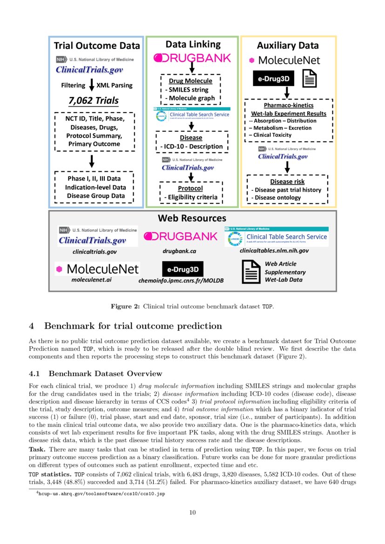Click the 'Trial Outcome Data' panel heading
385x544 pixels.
coord(96,46)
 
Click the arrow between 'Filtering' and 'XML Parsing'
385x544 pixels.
coord(92,85)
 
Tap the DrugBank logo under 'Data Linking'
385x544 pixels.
coord(192,58)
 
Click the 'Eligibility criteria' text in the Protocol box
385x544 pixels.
coord(191,197)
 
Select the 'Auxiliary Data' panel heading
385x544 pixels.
coord(288,46)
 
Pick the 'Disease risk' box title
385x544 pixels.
coord(287,181)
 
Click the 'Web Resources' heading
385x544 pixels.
coord(192,218)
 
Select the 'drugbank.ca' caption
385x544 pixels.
coord(179,251)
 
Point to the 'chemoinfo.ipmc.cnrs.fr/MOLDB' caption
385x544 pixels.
coord(181,281)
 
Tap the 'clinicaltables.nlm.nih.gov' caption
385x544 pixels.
coord(274,250)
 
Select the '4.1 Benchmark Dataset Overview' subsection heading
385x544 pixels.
coord(95,374)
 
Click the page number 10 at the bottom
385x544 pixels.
coord(192,513)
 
